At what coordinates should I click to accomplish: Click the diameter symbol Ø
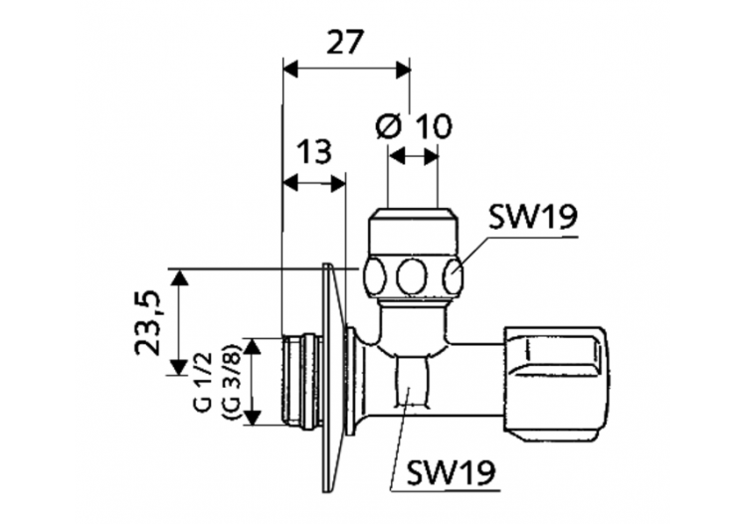390,127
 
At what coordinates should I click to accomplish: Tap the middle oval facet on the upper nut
412,275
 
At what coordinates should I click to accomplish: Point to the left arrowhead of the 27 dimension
290,68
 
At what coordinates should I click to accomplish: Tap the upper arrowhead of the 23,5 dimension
179,275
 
